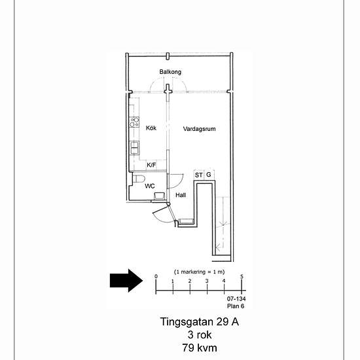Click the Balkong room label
[x=170, y=72]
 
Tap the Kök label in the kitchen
[x=151, y=128]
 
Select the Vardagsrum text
[x=199, y=129]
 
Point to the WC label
[x=150, y=186]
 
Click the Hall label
[x=181, y=195]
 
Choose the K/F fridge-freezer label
[x=151, y=165]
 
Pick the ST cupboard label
[x=198, y=175]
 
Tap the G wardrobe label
[x=208, y=175]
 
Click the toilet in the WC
[x=139, y=179]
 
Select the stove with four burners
[x=134, y=122]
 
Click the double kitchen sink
[x=134, y=148]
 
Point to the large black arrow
[x=126, y=281]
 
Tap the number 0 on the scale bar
[x=156, y=276]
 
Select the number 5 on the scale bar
[x=242, y=276]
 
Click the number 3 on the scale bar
[x=207, y=281]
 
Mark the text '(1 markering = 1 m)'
[x=199, y=272]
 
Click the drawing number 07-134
[x=236, y=298]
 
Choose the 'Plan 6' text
[x=236, y=306]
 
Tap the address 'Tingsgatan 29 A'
[x=199, y=321]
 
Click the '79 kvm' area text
[x=200, y=348]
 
